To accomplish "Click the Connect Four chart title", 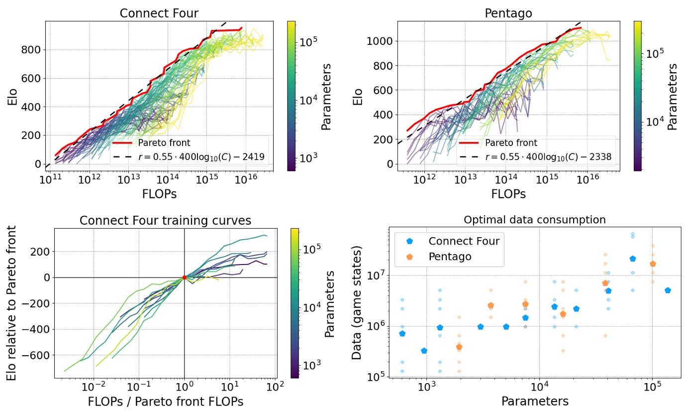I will tap(159, 13).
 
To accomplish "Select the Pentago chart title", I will tap(508, 13).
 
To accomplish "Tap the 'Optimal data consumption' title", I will tap(534, 220).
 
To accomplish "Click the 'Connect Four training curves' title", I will tap(165, 221).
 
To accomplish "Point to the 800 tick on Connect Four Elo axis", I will tap(32, 50).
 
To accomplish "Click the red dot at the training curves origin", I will tap(185, 277).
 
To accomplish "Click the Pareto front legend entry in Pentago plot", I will tap(511, 143).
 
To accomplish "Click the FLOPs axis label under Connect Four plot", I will tap(159, 194).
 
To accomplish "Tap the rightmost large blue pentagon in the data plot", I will tap(668, 290).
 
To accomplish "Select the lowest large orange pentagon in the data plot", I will tap(459, 347).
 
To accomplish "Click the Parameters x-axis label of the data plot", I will tap(534, 401).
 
